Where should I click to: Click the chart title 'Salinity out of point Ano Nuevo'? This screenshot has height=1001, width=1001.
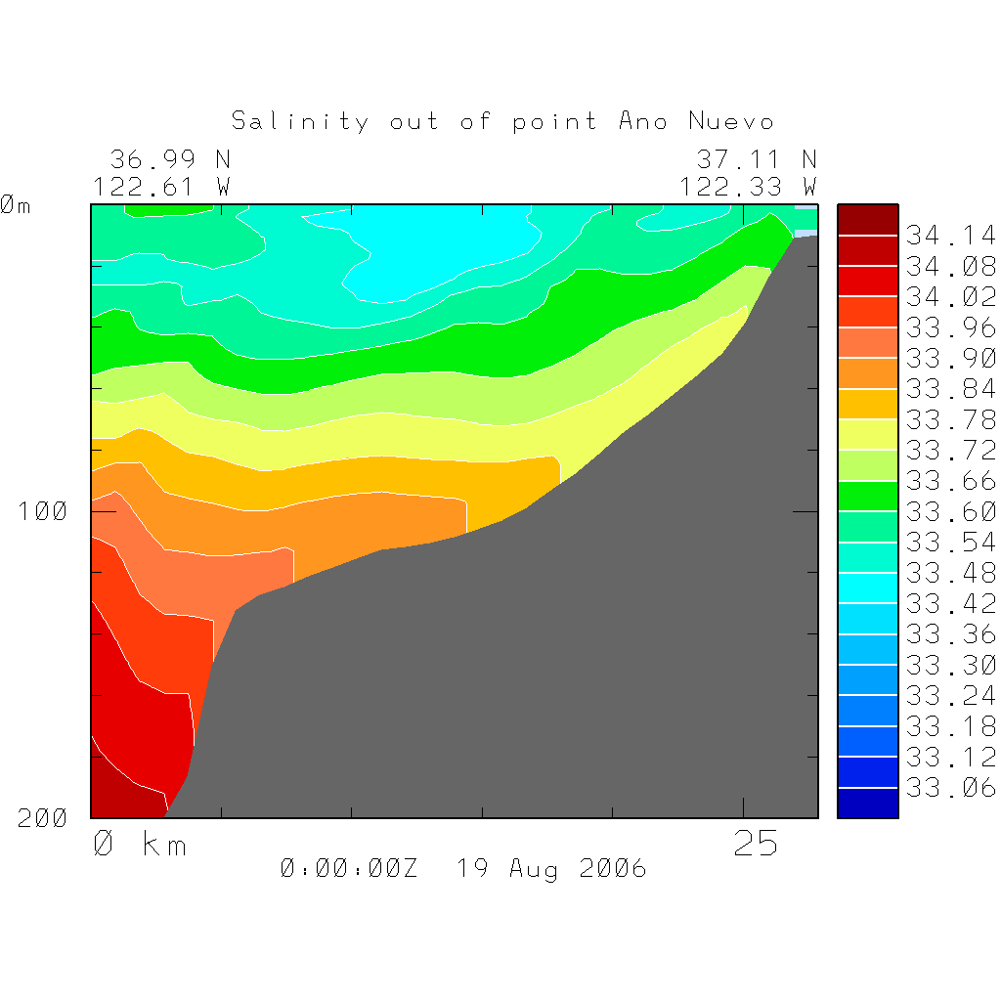(x=502, y=121)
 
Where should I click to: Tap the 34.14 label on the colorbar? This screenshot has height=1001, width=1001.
(x=950, y=236)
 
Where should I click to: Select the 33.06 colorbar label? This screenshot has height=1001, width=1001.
(x=950, y=788)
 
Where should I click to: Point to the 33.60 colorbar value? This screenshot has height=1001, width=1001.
(x=950, y=511)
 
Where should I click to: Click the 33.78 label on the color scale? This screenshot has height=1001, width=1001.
(x=950, y=419)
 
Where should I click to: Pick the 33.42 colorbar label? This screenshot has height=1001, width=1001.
(x=950, y=603)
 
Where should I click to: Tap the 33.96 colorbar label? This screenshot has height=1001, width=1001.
(x=950, y=327)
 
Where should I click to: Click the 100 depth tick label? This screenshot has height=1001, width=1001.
(x=43, y=511)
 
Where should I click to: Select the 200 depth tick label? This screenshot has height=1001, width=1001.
(x=43, y=818)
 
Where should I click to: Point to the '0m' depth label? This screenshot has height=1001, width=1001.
(x=16, y=206)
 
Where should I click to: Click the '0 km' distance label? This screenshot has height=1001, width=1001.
(x=139, y=844)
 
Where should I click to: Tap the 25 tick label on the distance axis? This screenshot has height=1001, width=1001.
(x=756, y=844)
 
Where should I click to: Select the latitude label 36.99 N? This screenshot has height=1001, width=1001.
(x=169, y=159)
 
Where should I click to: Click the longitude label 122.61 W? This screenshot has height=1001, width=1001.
(x=161, y=186)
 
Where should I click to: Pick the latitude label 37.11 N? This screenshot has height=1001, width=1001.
(x=756, y=159)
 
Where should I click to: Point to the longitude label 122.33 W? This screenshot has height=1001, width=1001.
(x=748, y=186)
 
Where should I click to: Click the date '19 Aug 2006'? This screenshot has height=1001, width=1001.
(x=551, y=868)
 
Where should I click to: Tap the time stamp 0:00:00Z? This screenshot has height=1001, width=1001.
(x=348, y=868)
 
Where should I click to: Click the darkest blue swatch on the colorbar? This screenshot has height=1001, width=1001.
(x=867, y=803)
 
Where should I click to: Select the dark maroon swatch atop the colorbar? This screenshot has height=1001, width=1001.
(x=867, y=220)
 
